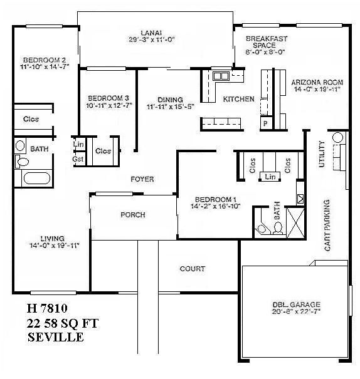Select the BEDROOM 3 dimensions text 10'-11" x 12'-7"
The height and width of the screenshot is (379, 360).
point(109,105)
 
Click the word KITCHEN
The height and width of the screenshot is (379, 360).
point(238,99)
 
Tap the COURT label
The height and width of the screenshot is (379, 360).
point(193,269)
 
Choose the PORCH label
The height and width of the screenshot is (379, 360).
point(132,215)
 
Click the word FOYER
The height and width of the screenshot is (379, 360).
point(142,179)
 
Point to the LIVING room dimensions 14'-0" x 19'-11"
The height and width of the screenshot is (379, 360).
point(52,245)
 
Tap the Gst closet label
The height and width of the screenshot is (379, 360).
point(78,159)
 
